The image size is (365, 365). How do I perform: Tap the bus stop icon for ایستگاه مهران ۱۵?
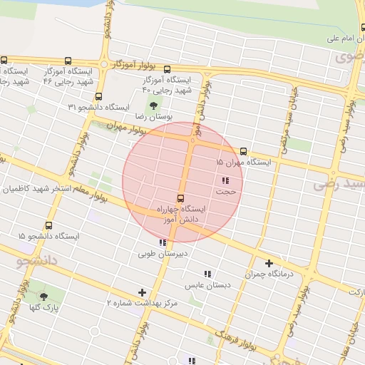(x=243, y=151)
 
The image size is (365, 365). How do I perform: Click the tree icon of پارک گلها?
(x=44, y=297)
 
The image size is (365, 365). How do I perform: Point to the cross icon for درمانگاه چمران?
(x=269, y=263)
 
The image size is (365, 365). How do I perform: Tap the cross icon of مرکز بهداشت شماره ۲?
(x=143, y=292)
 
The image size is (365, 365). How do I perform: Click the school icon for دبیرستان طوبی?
(x=163, y=243)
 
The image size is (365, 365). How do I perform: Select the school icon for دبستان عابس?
(x=207, y=274)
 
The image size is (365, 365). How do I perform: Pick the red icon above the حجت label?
(x=225, y=180)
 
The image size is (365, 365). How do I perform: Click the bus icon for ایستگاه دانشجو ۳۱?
(x=98, y=96)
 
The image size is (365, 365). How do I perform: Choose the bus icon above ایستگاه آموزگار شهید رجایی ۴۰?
(x=167, y=70)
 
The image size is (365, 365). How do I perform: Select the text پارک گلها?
(x=44, y=308)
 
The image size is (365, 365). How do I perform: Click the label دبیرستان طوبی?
(x=163, y=254)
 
